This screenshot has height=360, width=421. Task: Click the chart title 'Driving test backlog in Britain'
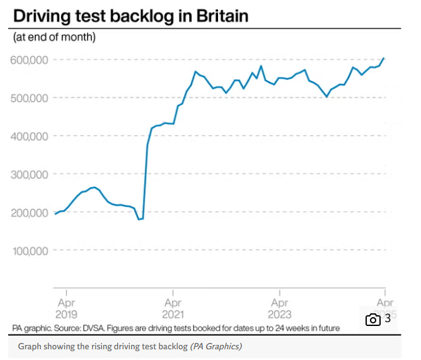point(130,16)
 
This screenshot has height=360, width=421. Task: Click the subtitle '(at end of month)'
point(54,38)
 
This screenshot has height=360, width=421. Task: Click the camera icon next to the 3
point(372,320)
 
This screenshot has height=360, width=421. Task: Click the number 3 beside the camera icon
point(388,319)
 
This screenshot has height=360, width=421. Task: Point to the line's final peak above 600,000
point(384,58)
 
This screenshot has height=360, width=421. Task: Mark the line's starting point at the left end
point(55,214)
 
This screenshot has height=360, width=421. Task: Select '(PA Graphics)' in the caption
point(216,347)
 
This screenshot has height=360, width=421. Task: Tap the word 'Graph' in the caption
point(29,347)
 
